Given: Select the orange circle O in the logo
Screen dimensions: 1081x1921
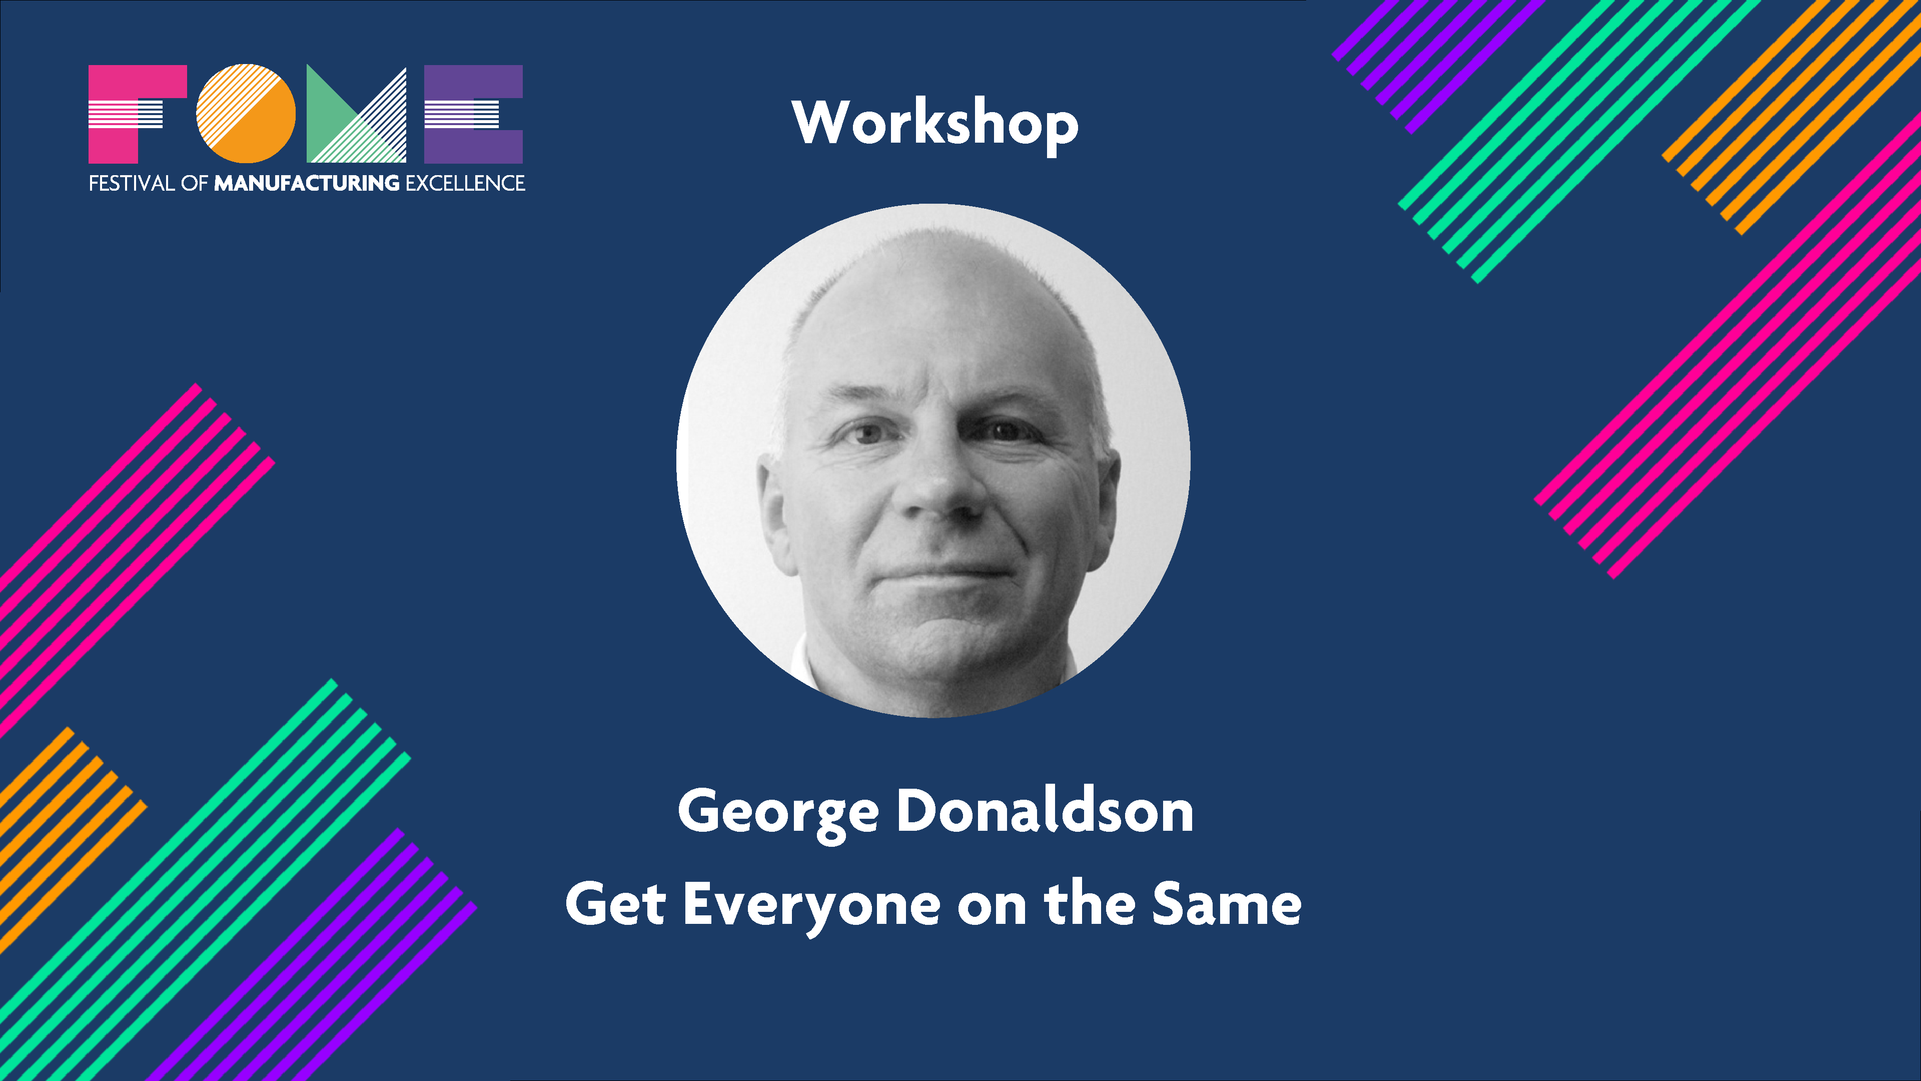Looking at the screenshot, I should click(246, 114).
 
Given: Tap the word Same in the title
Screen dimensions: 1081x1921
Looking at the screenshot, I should click(1226, 904).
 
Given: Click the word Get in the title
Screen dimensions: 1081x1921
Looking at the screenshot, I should click(615, 904).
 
